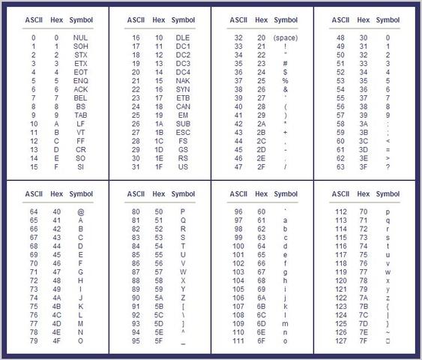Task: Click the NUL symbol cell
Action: (81, 37)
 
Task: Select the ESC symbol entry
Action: (183, 133)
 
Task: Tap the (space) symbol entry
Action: (286, 37)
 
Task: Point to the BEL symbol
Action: (81, 97)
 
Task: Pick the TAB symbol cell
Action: (81, 115)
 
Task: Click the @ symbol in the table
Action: (81, 211)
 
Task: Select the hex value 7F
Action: (363, 340)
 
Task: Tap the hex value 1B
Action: (159, 133)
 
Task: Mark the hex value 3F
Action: (363, 167)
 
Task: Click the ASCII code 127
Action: (340, 340)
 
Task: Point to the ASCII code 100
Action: (238, 246)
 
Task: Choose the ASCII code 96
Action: (238, 211)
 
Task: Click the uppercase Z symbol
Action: (183, 298)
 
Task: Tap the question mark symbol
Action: (388, 167)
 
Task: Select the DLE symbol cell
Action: (183, 37)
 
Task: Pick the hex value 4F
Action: (56, 340)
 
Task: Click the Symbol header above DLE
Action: (183, 19)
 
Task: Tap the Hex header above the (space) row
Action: (261, 19)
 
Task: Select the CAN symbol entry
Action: (183, 106)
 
